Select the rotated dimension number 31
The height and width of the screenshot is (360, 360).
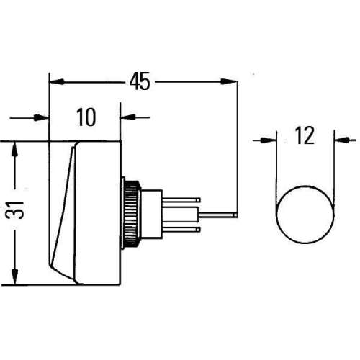point(22,210)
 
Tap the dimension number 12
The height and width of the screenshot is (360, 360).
point(305,136)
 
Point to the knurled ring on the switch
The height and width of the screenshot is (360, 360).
point(130,212)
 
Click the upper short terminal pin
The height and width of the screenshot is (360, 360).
point(186,199)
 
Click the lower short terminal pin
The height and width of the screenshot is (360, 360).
point(186,228)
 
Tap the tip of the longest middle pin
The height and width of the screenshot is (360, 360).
point(235,214)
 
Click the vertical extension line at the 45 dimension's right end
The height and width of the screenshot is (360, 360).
point(238,144)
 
